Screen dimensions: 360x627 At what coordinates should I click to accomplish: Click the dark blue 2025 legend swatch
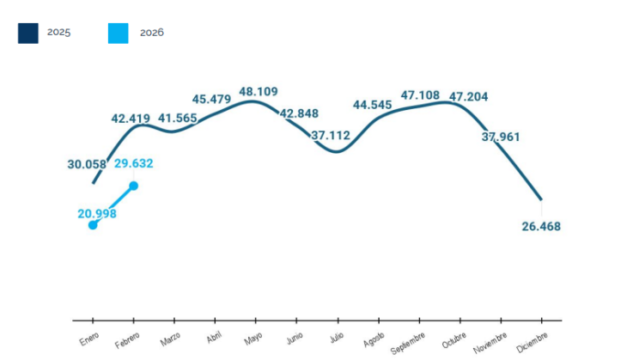tap(28, 33)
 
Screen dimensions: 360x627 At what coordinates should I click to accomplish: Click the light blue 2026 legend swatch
tap(118, 33)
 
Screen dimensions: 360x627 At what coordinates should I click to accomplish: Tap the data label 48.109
tap(259, 91)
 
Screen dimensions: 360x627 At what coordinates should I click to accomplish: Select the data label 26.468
tap(540, 227)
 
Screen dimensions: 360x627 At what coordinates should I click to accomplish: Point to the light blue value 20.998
tap(97, 214)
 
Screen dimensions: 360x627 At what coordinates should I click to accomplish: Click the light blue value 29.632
tap(134, 164)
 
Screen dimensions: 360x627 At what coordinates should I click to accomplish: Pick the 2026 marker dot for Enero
tap(93, 225)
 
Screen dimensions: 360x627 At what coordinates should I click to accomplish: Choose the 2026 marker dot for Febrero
tap(134, 185)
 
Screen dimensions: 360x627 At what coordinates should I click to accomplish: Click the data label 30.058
tap(87, 165)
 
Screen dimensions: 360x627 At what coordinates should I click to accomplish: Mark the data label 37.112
tap(331, 135)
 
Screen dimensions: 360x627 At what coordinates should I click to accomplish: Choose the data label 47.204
tap(468, 97)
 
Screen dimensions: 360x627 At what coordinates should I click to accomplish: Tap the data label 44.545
tap(372, 105)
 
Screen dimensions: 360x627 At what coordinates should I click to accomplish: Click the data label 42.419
tap(131, 119)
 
